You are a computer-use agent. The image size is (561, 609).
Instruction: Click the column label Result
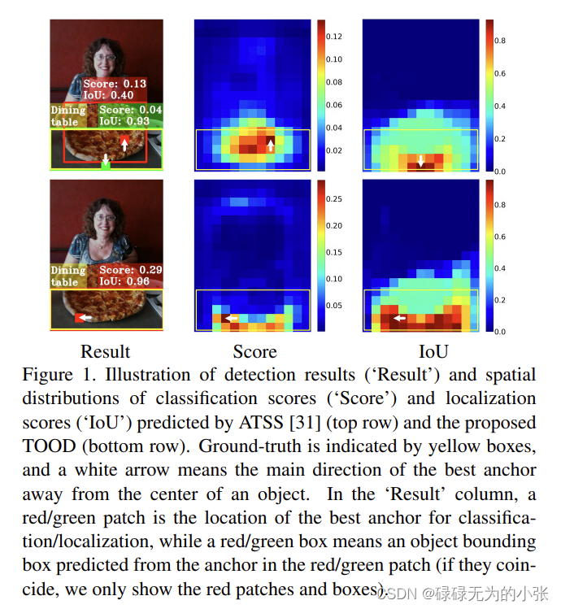click(x=105, y=351)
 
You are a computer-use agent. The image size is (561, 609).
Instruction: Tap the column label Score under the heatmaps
click(x=254, y=351)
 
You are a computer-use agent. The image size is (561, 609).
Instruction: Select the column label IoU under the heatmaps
click(x=433, y=351)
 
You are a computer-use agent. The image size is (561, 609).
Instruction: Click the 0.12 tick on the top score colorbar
click(x=333, y=37)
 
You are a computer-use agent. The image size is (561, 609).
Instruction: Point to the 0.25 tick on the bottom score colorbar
click(x=333, y=199)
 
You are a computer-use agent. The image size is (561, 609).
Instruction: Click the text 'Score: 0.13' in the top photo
click(x=115, y=84)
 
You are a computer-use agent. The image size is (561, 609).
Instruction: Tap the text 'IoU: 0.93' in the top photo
click(x=124, y=121)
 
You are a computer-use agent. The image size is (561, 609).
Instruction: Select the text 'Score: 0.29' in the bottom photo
click(x=131, y=270)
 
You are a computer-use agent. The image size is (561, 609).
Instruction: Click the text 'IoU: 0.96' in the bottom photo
click(x=124, y=281)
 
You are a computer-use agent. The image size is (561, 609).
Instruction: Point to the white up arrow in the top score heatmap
click(x=271, y=146)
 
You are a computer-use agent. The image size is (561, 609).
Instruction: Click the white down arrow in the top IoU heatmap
click(x=421, y=161)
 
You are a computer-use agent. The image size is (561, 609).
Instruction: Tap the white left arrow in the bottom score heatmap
click(x=232, y=319)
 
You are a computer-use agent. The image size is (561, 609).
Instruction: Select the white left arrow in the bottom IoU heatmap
click(x=399, y=318)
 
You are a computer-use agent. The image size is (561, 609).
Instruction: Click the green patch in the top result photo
click(x=105, y=166)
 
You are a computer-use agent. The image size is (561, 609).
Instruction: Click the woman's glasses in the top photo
click(x=105, y=58)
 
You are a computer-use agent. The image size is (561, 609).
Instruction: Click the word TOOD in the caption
click(x=49, y=446)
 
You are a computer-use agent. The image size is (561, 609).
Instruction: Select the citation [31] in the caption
click(x=306, y=423)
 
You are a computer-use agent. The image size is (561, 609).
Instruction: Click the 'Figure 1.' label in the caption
click(x=59, y=375)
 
